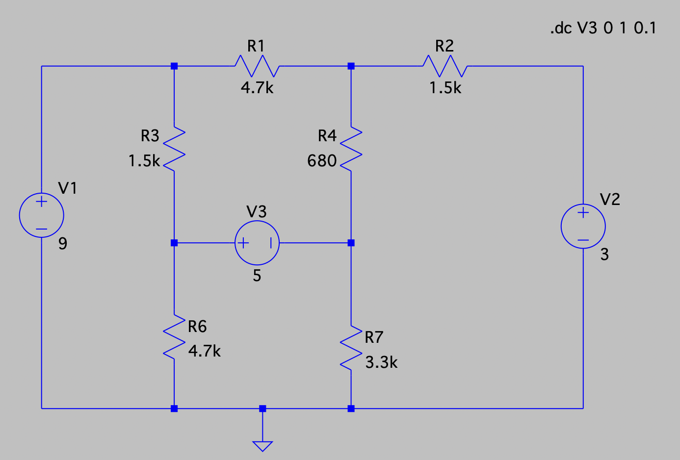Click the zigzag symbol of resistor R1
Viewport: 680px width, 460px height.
257,66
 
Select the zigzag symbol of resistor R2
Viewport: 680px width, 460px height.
445,66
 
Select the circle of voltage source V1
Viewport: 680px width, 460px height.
42,215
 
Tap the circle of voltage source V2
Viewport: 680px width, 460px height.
583,226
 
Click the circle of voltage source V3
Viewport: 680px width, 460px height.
257,243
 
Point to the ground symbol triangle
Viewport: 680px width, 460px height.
262,445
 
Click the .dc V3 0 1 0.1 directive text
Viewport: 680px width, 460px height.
603,28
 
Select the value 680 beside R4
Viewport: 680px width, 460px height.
322,161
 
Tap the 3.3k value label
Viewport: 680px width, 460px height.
381,362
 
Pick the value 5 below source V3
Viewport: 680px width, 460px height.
257,276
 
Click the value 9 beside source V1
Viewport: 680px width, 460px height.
63,244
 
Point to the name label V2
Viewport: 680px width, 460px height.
610,199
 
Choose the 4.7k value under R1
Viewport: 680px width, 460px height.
257,88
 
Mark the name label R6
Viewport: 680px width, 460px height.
197,326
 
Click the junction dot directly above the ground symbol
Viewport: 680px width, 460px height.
262,409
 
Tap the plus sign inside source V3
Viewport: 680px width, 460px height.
243,243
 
